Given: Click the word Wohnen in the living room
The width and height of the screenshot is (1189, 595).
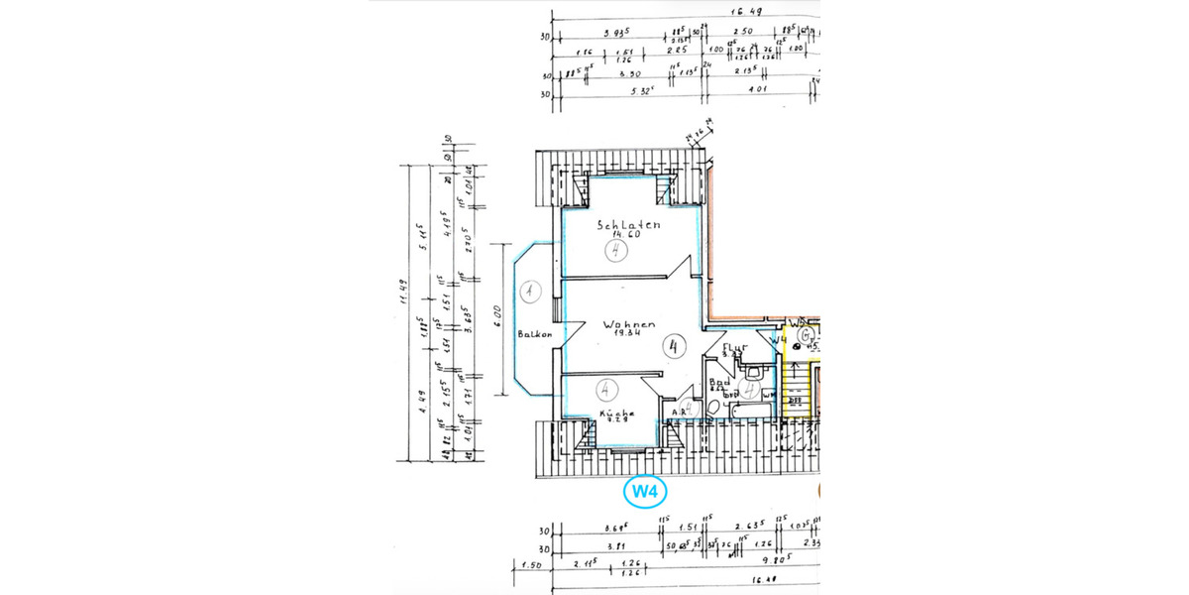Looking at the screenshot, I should (625, 324).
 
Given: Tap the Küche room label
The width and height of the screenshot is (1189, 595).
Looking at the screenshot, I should (616, 415).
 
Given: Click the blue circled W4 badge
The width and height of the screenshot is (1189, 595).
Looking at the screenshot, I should (645, 490).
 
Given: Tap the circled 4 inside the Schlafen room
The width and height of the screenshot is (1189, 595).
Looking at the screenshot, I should (618, 250).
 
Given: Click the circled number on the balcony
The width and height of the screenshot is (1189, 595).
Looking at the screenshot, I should (531, 292).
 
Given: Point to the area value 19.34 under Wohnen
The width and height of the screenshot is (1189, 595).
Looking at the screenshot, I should (625, 335).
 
